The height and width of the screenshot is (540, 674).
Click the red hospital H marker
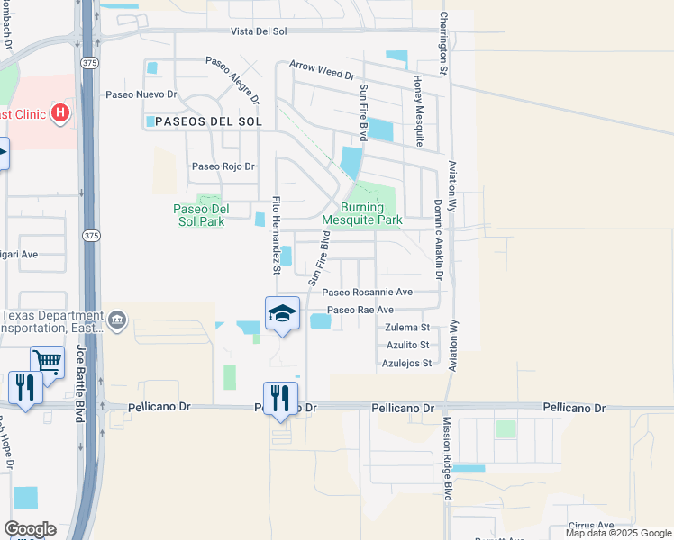pyautogui.click(x=60, y=112)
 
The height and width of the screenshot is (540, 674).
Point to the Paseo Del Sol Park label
pyautogui.click(x=201, y=214)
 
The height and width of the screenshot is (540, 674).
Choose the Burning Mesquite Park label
pyautogui.click(x=361, y=213)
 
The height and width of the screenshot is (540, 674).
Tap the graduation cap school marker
pyautogui.click(x=282, y=313)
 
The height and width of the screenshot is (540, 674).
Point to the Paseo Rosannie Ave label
pyautogui.click(x=367, y=292)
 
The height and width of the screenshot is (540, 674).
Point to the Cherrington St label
pyautogui.click(x=443, y=42)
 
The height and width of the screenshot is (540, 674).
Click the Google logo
pyautogui.click(x=30, y=529)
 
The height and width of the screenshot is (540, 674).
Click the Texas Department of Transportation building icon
pyautogui.click(x=117, y=320)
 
